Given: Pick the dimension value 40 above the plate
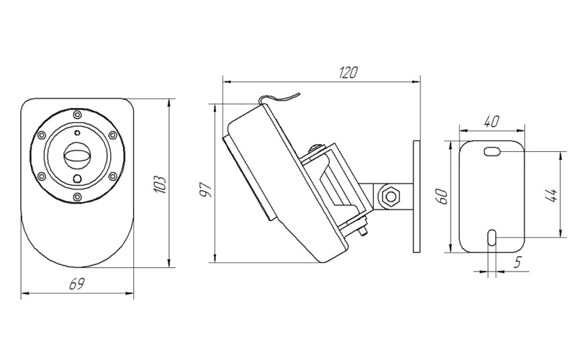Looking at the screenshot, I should click(492, 122).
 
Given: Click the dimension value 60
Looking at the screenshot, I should click(444, 196).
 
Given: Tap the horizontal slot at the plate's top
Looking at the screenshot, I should click(493, 152).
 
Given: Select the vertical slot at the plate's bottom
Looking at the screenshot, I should click(491, 238).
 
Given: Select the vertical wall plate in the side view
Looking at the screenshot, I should click(416, 196).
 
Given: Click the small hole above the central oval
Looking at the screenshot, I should click(76, 133).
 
